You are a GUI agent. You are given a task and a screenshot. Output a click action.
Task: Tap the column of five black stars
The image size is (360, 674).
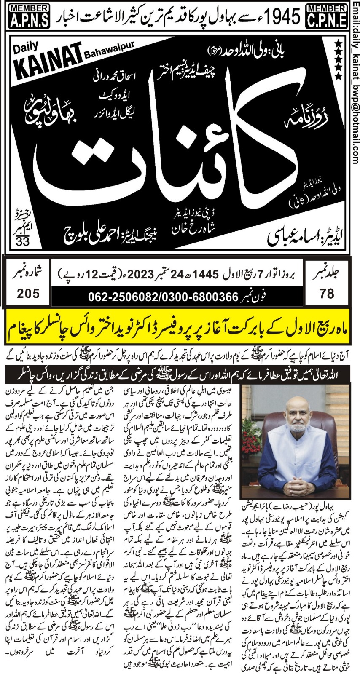pyautogui.click(x=338, y=59)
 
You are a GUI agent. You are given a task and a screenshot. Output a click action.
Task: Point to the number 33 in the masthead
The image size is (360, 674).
pyautogui.click(x=20, y=241)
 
